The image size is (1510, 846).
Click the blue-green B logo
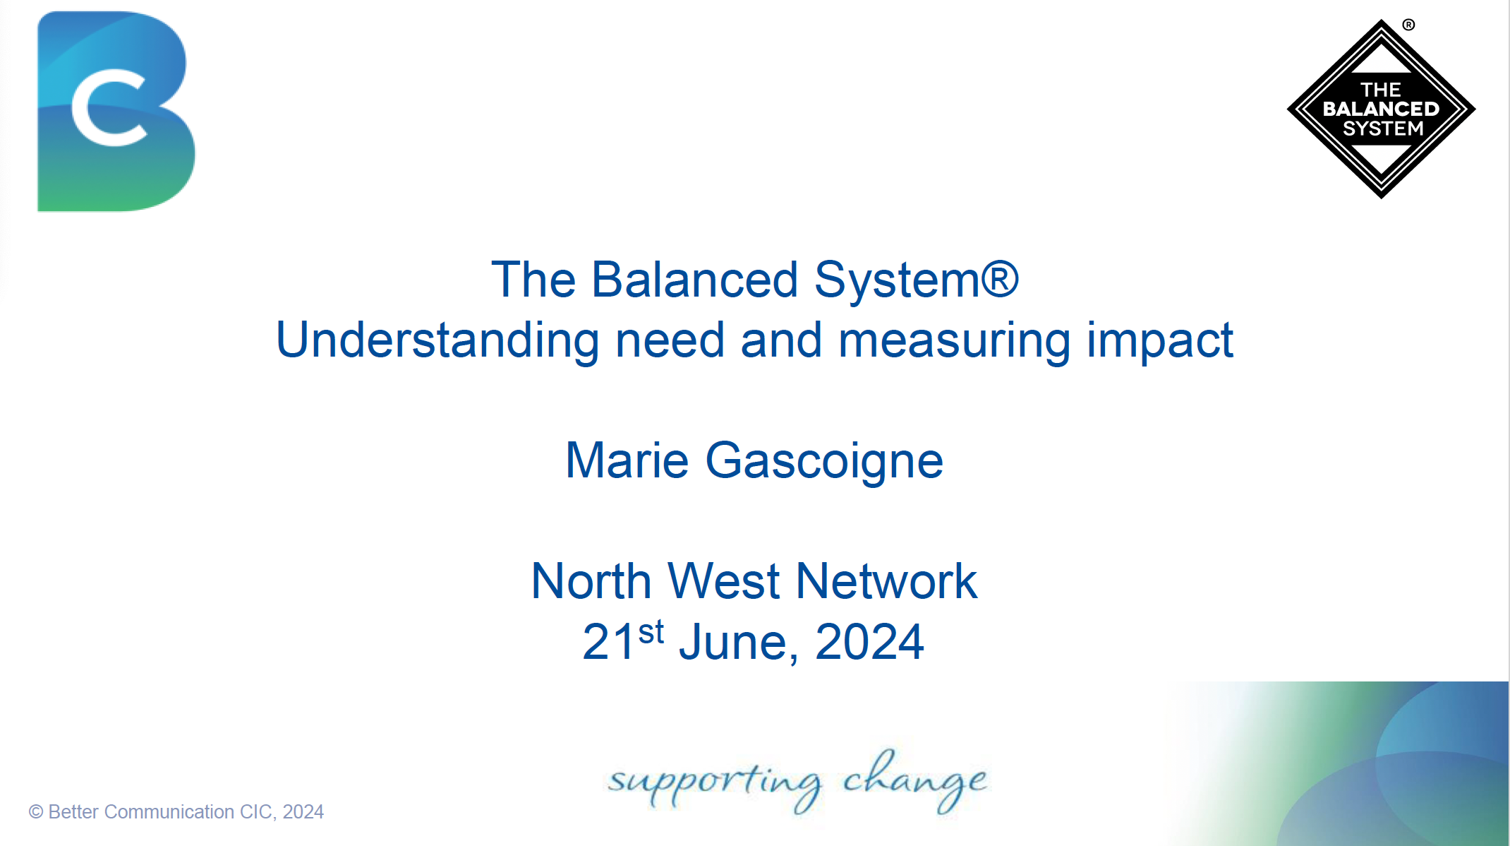[116, 111]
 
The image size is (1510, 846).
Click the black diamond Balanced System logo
[1381, 109]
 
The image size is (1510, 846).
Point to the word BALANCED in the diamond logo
[1381, 109]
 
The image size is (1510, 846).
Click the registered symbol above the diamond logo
[1408, 25]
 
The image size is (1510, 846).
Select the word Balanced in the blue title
[694, 280]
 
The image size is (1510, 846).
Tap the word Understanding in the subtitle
[437, 341]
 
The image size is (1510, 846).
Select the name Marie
[627, 460]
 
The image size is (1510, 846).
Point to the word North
[591, 581]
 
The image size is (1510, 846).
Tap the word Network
[886, 581]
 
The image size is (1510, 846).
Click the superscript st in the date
[651, 632]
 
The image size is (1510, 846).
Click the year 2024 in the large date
[869, 642]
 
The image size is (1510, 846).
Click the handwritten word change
[915, 780]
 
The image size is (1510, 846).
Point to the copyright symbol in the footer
[36, 812]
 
